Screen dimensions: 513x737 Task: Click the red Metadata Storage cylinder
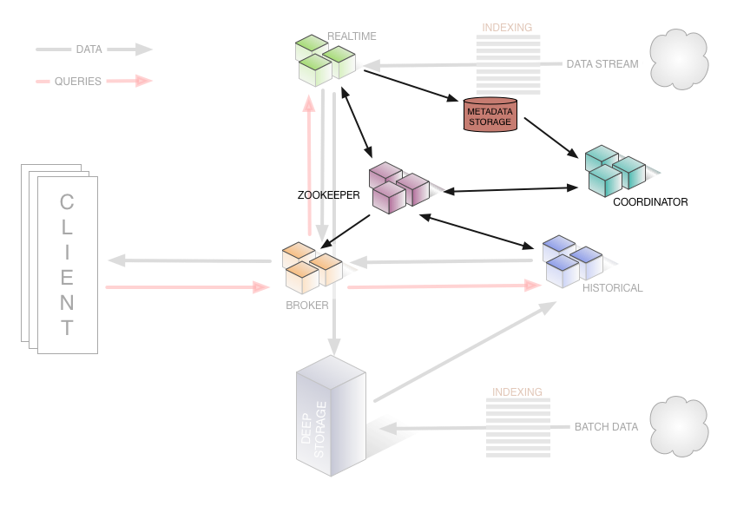click(x=490, y=115)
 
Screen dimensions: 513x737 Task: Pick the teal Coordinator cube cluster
click(x=615, y=170)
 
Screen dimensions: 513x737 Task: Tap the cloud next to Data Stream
click(x=678, y=60)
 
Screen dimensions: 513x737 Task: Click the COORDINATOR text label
click(x=650, y=202)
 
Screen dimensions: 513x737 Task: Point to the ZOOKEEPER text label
click(x=328, y=196)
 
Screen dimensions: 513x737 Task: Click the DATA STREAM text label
click(x=602, y=64)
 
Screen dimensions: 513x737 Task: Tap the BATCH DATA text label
click(x=606, y=427)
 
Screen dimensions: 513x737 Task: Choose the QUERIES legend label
click(x=78, y=82)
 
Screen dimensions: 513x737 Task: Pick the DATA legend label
click(x=89, y=49)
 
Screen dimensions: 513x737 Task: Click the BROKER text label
click(x=307, y=306)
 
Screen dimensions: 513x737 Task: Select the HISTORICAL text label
click(x=612, y=288)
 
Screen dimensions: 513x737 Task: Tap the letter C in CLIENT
click(x=67, y=203)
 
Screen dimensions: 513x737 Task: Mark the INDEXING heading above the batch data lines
click(x=517, y=392)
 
